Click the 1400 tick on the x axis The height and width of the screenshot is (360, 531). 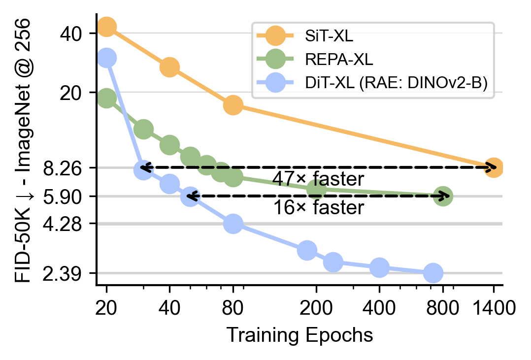point(493,309)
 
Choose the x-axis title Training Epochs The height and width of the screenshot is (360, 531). point(299,335)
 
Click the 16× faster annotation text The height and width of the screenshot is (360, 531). point(318,208)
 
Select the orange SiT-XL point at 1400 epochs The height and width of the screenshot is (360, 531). point(493,167)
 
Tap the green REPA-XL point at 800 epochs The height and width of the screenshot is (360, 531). point(443,196)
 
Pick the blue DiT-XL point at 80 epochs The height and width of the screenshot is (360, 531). point(233,224)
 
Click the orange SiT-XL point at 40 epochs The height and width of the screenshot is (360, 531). point(169,67)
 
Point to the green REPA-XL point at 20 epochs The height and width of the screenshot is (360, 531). point(106,98)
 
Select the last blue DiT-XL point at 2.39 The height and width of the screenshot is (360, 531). point(433,273)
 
